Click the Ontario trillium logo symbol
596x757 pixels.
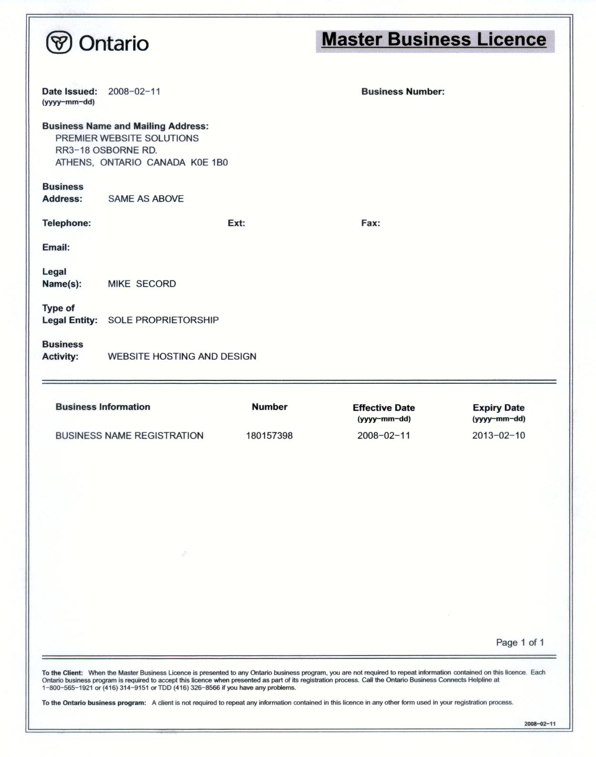[x=59, y=43]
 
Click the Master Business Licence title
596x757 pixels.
[x=434, y=40]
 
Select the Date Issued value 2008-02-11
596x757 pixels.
[x=134, y=92]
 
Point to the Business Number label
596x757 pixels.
[x=402, y=92]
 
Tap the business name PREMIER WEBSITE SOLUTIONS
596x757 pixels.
[x=127, y=138]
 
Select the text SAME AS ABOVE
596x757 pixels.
[x=146, y=199]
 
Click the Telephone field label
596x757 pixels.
[x=66, y=223]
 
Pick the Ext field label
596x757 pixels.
[x=236, y=223]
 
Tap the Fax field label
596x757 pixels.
[x=370, y=223]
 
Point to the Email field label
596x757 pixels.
[x=56, y=247]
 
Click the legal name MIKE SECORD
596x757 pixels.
[x=142, y=284]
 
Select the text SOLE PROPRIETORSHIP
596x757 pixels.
[x=163, y=320]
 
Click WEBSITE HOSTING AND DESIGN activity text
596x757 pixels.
[x=182, y=356]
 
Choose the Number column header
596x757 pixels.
[x=269, y=407]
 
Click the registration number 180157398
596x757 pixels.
[x=269, y=435]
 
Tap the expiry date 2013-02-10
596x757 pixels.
[x=498, y=435]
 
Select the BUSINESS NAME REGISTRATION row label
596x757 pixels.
[x=129, y=435]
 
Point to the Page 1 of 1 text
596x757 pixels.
[x=520, y=642]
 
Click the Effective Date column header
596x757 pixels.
[x=383, y=408]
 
